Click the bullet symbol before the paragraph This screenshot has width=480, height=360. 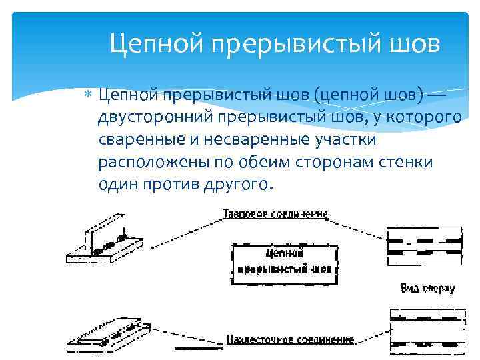pos(91,98)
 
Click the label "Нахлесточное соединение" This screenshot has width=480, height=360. pos(290,339)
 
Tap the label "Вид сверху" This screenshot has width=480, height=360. pos(427,289)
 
